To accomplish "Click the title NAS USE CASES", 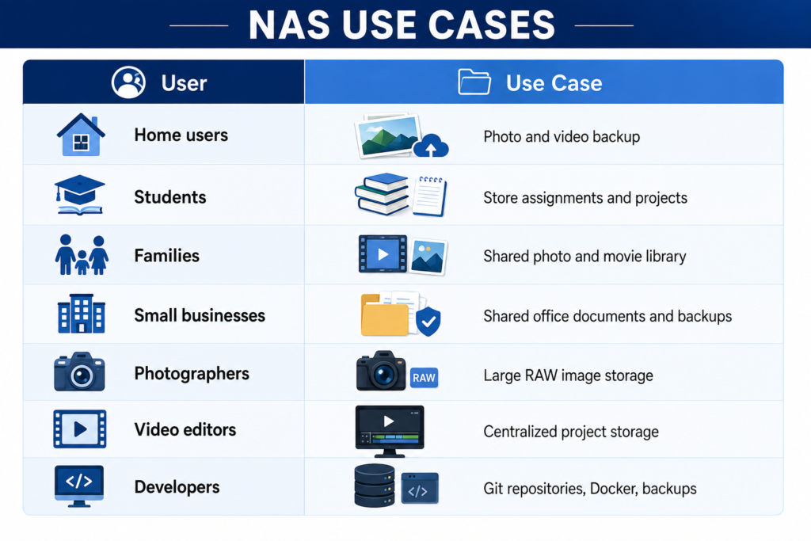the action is [402, 25].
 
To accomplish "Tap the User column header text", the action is [184, 83].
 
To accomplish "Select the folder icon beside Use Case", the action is [474, 82].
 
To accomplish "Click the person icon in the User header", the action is [128, 82].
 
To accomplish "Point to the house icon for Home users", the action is [81, 135].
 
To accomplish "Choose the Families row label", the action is [166, 256].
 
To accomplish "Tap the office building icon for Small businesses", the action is [82, 314].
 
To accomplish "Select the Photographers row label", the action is [192, 373].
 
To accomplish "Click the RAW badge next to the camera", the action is [425, 378].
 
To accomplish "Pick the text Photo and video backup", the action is [562, 136].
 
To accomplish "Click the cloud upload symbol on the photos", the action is [431, 145].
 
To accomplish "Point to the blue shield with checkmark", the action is [428, 321].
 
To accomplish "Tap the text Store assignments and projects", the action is [585, 197].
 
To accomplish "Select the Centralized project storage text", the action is [571, 432].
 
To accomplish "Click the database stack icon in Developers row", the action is [375, 485].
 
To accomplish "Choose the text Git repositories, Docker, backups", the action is [589, 488].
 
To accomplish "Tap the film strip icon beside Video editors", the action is [80, 429].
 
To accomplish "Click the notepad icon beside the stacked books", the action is [429, 196].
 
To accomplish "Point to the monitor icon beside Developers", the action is [79, 486].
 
